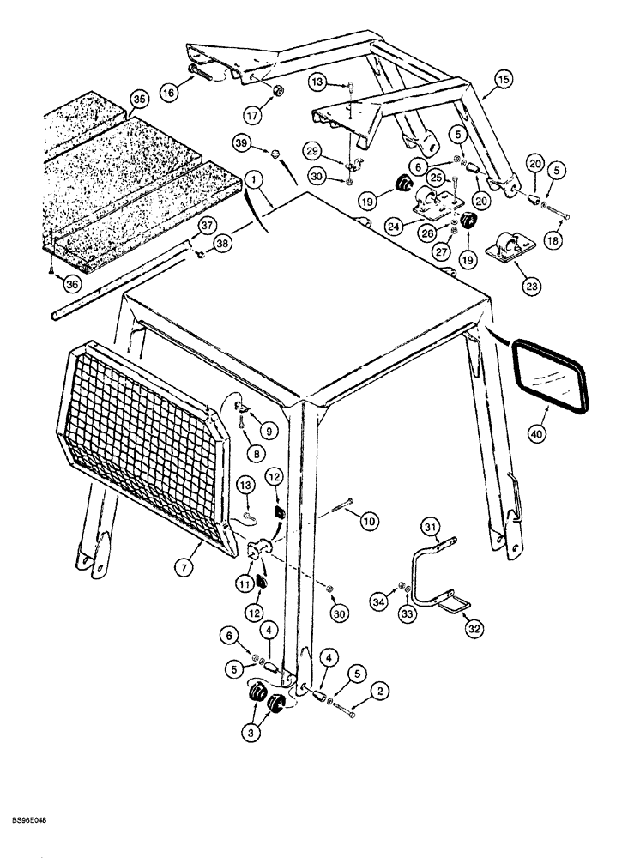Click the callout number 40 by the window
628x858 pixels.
click(x=536, y=435)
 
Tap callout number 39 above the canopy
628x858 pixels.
click(x=243, y=142)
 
